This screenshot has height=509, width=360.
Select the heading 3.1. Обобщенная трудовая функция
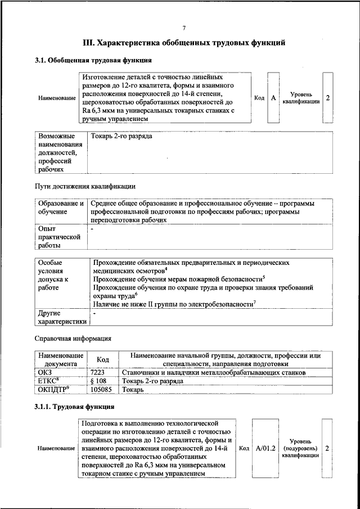[x=93, y=60]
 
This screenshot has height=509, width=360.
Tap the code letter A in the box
[x=273, y=98]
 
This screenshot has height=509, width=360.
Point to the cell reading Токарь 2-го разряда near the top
[x=121, y=137]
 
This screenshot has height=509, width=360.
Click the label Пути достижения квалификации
[x=85, y=186]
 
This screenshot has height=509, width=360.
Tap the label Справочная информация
[x=73, y=339]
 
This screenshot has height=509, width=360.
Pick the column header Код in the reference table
[x=103, y=360]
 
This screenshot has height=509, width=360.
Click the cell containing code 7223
[x=98, y=372]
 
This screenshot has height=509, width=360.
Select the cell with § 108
[x=98, y=381]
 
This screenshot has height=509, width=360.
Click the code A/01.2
[x=265, y=449]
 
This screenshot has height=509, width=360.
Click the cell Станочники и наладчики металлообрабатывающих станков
[x=213, y=372]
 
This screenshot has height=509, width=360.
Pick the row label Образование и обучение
[x=61, y=207]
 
